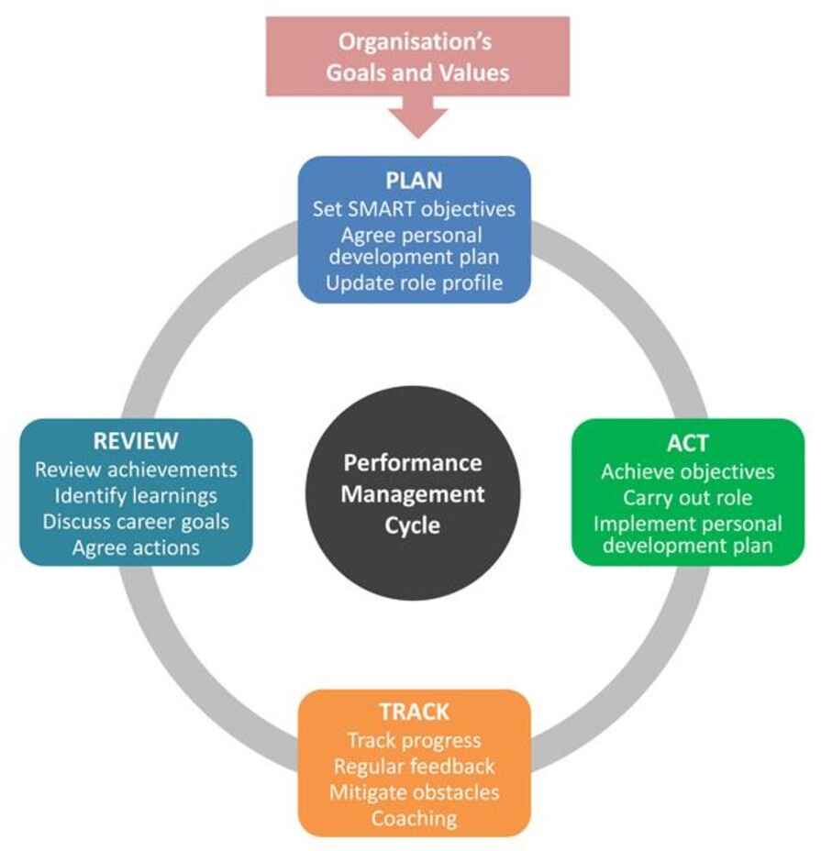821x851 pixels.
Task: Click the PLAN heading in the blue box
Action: tap(414, 180)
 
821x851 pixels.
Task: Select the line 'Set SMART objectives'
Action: tap(414, 209)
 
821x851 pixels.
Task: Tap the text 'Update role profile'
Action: tap(414, 282)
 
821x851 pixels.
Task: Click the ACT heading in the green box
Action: tap(687, 443)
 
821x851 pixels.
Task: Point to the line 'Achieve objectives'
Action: tap(687, 472)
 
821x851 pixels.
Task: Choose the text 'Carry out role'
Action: tap(687, 498)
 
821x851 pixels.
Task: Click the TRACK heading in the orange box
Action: tap(414, 712)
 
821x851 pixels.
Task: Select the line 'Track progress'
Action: tap(414, 740)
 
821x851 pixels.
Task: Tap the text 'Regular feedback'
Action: tap(414, 766)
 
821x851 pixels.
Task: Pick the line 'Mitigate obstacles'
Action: tap(414, 791)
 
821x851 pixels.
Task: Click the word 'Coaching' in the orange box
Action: tap(414, 817)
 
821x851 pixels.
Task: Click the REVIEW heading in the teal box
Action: tap(136, 441)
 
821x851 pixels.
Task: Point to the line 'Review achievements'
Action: tap(136, 470)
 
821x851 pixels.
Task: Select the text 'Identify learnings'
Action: tap(136, 495)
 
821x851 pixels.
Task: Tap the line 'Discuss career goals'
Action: tap(136, 522)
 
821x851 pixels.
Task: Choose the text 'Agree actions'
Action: tap(136, 547)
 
